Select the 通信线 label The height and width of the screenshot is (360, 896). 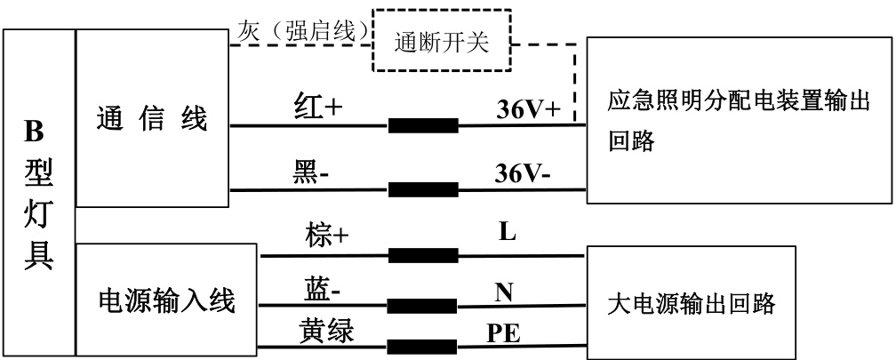point(151,119)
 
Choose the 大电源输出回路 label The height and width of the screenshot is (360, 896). point(691,305)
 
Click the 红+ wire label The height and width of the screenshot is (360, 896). point(317,108)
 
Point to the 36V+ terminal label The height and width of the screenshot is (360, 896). point(528,110)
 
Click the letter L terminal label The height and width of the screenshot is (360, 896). point(508,234)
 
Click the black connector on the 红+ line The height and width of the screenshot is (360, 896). point(423,125)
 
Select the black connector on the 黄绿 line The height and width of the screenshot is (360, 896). point(423,346)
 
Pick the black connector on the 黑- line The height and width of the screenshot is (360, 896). point(423,189)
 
